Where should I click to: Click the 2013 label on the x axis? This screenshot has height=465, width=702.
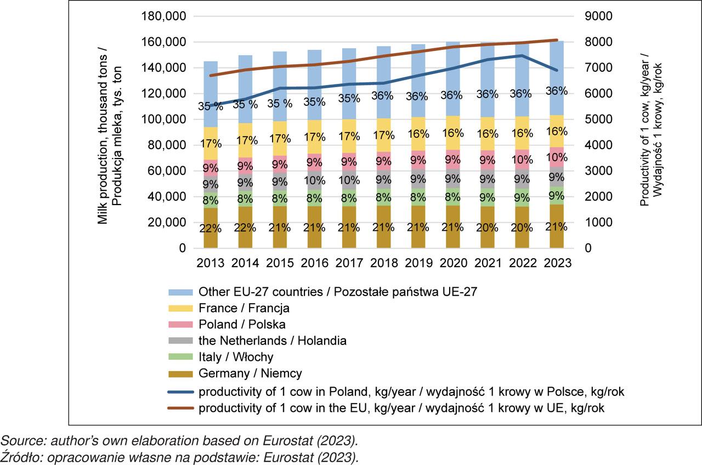click(211, 263)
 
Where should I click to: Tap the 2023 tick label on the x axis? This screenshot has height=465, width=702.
click(557, 263)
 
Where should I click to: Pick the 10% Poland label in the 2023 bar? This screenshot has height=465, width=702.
click(557, 157)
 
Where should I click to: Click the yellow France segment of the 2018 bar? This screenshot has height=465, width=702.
click(384, 135)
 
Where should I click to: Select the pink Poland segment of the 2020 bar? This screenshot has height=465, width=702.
click(453, 160)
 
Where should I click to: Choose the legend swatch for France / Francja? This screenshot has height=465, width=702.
click(178, 308)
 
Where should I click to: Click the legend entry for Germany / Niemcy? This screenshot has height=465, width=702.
click(250, 373)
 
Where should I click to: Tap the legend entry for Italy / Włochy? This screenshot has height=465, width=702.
click(236, 357)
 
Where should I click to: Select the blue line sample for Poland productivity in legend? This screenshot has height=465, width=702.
click(178, 392)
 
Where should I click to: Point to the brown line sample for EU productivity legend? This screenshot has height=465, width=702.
click(178, 408)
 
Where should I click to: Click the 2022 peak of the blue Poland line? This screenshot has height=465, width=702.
click(522, 55)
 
